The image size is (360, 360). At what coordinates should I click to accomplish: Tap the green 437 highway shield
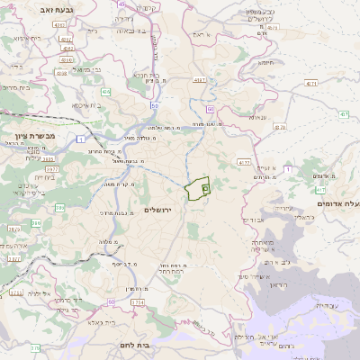tap(344, 115)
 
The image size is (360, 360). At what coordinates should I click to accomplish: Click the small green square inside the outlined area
tap(205, 188)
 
